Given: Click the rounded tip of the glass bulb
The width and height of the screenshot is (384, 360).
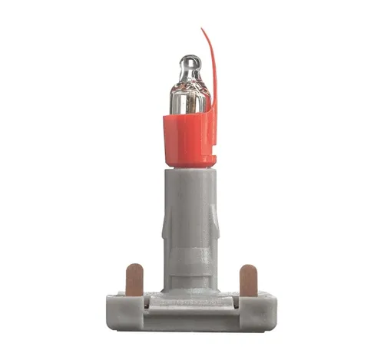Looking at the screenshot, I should pos(189,61).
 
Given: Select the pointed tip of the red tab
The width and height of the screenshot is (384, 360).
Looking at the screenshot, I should pos(204,31).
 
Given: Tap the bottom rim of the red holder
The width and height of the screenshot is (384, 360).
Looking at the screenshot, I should pos(189,163).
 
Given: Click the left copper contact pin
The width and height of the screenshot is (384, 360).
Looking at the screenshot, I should pos(134,279).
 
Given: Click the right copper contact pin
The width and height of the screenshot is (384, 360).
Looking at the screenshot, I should pos(248,280).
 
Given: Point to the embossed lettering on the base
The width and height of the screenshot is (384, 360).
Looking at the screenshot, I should pos(191,305).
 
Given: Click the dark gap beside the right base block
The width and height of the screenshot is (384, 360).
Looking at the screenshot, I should pos(236,303).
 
